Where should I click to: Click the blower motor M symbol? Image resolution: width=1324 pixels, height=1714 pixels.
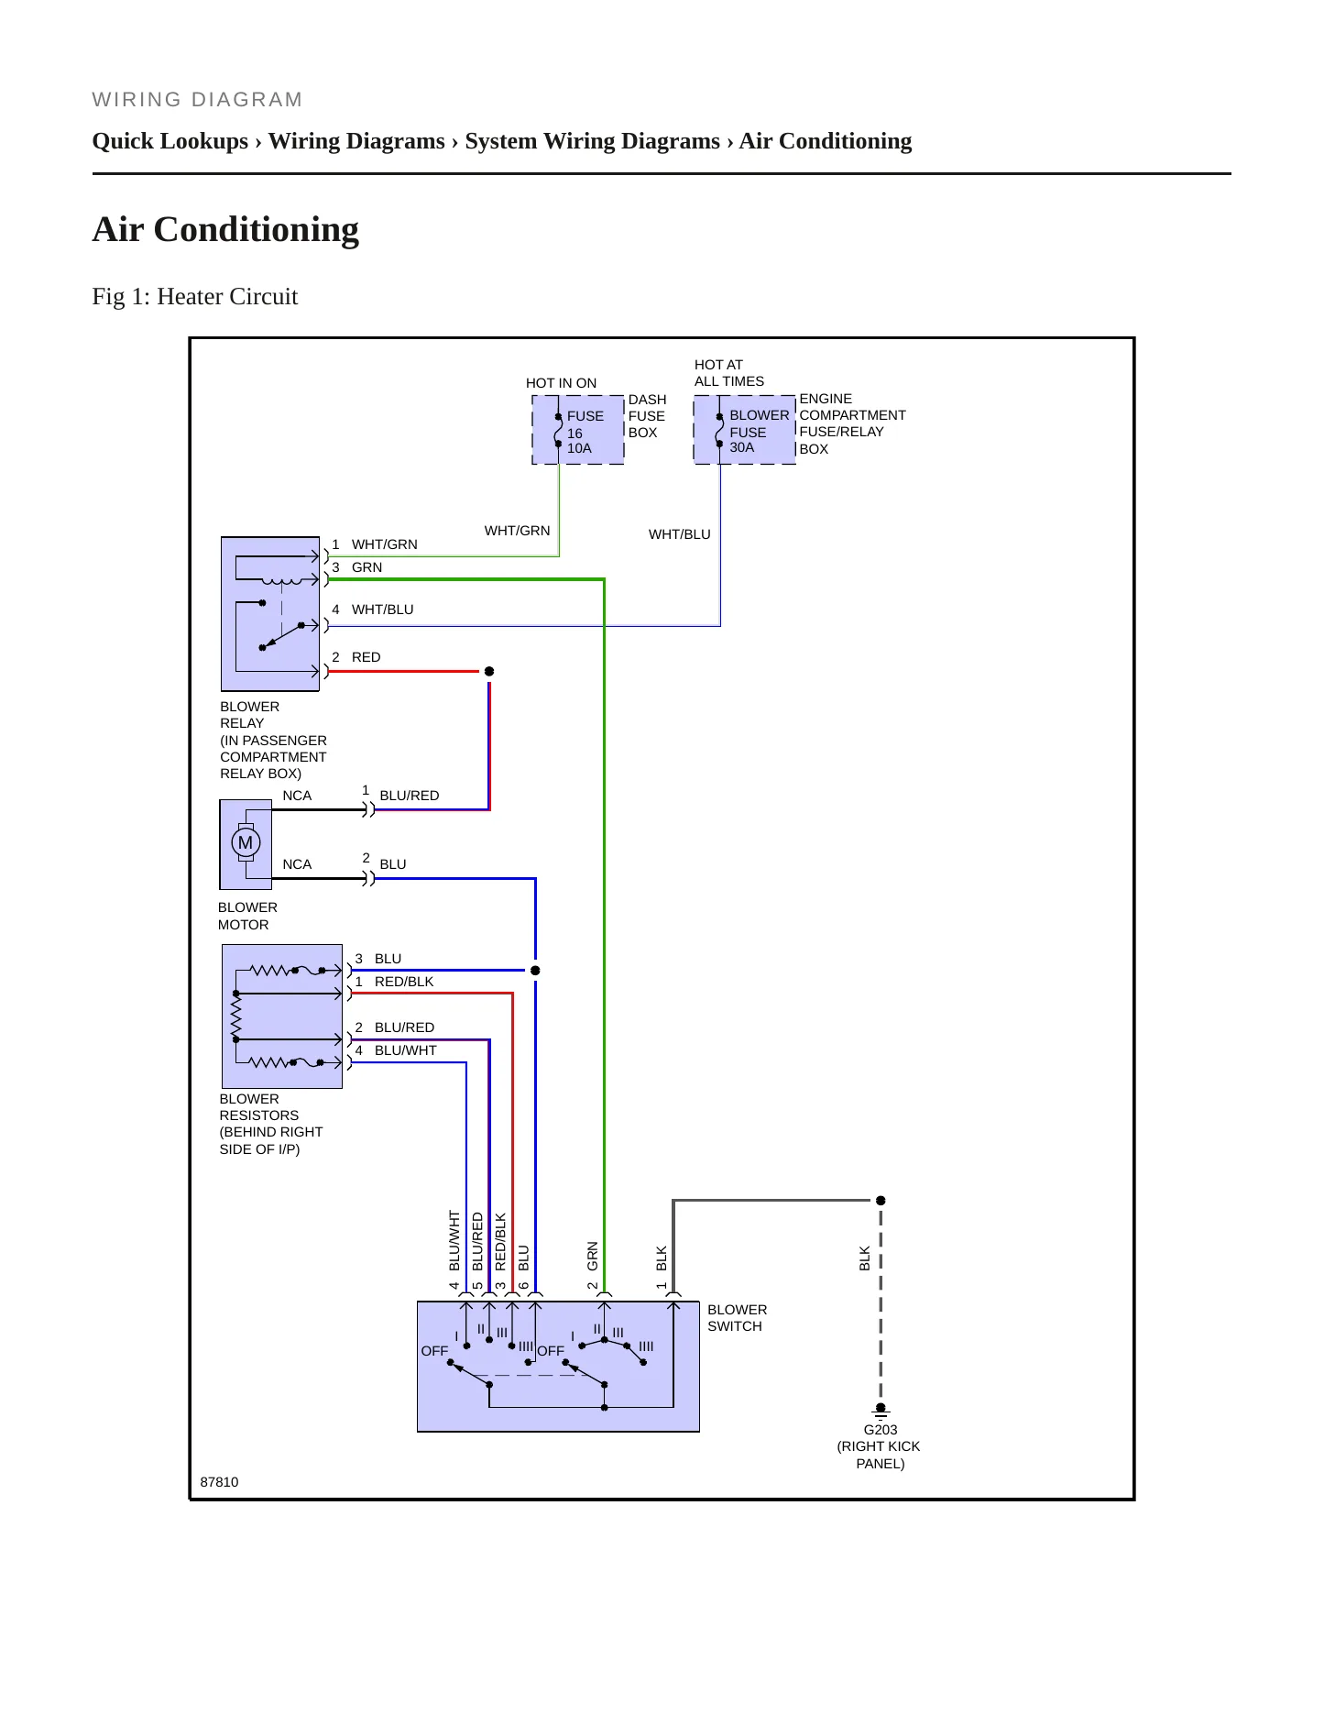(x=246, y=842)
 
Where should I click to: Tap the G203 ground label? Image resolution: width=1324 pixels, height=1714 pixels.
(x=881, y=1430)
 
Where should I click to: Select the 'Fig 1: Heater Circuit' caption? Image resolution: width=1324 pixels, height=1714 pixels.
(x=195, y=296)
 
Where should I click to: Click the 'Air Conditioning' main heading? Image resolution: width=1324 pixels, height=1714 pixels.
(x=225, y=229)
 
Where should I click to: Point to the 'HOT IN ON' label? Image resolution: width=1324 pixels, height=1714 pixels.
(x=561, y=383)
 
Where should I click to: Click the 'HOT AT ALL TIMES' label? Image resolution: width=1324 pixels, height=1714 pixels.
(x=729, y=373)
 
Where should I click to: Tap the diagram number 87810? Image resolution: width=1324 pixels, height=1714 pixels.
(x=219, y=1482)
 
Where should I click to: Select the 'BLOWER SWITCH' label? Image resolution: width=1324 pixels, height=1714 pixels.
(x=738, y=1318)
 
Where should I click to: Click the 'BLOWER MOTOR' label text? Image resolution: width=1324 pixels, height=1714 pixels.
(x=247, y=916)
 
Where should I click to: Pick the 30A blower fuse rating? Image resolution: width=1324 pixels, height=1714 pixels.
(x=742, y=447)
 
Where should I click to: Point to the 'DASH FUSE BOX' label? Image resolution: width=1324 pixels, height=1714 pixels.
(x=648, y=416)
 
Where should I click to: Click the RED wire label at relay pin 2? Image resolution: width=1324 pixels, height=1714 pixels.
(x=366, y=657)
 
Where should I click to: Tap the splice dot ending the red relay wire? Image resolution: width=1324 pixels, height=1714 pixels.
(x=489, y=672)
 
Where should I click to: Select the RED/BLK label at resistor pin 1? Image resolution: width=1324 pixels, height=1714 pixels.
(x=404, y=982)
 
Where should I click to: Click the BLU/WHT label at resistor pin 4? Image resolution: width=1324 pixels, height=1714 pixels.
(x=406, y=1050)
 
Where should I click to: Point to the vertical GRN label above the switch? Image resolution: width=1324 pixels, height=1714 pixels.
(x=593, y=1256)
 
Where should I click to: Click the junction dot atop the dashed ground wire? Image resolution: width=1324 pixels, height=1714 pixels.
(x=881, y=1201)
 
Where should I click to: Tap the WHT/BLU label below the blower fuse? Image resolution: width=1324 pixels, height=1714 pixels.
(x=680, y=534)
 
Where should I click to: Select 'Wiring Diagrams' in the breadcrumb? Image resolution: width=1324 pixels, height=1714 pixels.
(x=356, y=141)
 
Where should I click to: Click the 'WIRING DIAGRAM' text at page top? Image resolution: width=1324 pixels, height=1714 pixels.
(x=197, y=100)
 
